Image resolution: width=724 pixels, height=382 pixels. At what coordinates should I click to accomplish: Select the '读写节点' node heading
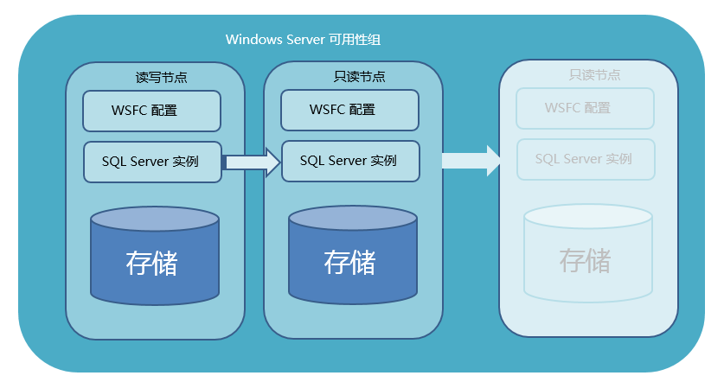(161, 77)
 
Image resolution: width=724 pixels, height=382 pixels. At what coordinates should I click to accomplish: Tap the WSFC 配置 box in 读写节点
(151, 111)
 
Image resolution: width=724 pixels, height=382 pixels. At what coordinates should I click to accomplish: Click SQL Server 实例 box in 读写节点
(152, 162)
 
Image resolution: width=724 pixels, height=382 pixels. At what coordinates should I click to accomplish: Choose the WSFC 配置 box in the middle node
(349, 110)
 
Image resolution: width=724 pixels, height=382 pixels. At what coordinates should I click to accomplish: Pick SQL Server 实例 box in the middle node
(350, 161)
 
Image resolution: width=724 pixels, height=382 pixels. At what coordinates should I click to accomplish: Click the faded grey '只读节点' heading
(594, 75)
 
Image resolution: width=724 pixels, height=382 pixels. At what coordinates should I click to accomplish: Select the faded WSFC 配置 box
(585, 108)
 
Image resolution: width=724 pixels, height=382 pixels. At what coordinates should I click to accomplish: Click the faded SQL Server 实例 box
(586, 159)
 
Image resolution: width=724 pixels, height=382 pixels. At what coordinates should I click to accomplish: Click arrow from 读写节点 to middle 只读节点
(252, 162)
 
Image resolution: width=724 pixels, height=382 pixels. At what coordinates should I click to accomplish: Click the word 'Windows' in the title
(251, 40)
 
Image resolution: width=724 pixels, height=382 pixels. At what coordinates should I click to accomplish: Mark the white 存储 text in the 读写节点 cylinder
(151, 263)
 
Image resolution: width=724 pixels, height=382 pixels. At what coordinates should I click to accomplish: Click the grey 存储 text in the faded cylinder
(585, 260)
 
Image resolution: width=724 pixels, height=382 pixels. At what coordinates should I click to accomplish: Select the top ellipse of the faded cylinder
(588, 217)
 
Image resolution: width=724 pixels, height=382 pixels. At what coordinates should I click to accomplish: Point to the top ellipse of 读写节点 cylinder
(155, 219)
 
